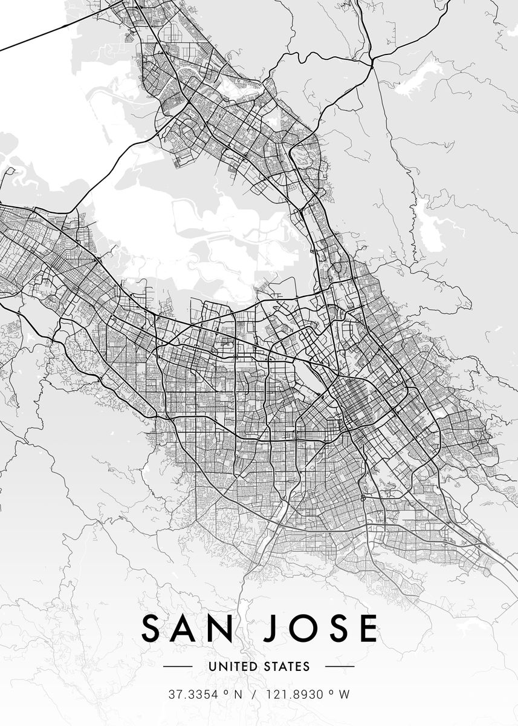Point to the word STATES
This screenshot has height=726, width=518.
[287, 667]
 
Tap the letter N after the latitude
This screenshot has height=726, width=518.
[238, 695]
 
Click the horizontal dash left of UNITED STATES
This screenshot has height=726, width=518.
[178, 667]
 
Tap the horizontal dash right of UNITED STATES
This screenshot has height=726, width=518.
[340, 667]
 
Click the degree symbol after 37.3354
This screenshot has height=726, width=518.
[224, 692]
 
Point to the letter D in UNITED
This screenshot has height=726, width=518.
[251, 667]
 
